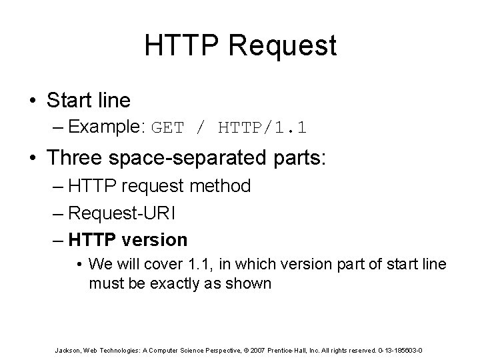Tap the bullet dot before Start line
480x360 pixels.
tap(33, 101)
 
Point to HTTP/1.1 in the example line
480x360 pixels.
tap(253, 127)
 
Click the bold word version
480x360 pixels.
tap(157, 239)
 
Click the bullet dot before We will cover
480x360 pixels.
tap(80, 265)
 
